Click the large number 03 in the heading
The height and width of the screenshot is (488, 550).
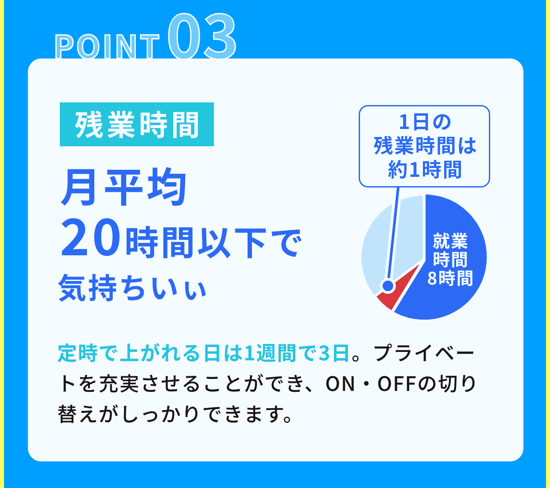202,36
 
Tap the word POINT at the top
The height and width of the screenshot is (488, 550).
107,47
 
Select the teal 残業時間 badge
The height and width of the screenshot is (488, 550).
137,125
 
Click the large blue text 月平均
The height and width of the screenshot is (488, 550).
124,188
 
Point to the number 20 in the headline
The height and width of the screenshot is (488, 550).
91,240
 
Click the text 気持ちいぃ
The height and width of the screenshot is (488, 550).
132,288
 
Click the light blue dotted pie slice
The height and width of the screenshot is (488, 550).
376,239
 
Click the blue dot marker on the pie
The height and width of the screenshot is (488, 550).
388,286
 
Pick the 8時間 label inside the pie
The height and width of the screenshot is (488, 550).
450,278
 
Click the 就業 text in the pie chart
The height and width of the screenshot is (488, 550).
450,242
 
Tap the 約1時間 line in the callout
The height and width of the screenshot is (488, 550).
424,169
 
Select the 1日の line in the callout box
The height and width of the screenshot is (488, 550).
424,122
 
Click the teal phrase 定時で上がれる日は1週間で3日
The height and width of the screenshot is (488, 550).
204,353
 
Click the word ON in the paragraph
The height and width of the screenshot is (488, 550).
340,384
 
